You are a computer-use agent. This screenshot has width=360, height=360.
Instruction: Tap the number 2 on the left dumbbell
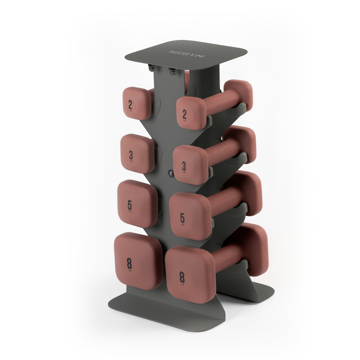(130, 104)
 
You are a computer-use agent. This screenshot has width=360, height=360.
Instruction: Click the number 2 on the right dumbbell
(185, 114)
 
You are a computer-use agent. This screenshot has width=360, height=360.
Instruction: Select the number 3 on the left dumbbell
(131, 155)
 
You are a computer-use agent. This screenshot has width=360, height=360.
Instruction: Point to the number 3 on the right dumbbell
(184, 166)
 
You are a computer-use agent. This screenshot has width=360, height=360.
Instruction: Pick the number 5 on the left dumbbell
(130, 205)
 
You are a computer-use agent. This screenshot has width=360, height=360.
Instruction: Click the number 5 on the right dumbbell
(182, 218)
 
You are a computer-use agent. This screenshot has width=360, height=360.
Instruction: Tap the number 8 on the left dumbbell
(129, 263)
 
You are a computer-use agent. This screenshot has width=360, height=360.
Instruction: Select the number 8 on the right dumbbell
(182, 277)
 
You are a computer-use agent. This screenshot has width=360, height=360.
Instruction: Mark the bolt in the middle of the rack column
(170, 173)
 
